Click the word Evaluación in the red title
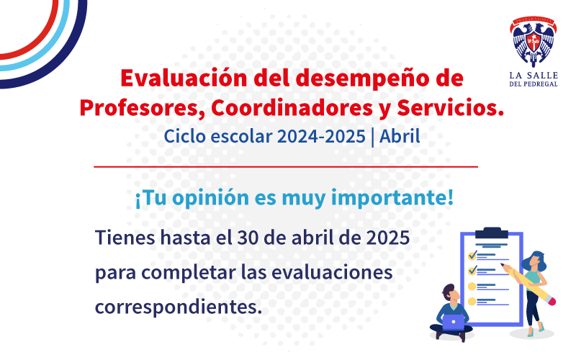tap(184, 78)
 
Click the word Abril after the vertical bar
tap(400, 136)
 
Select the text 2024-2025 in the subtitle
tap(321, 136)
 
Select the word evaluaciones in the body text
tap(332, 273)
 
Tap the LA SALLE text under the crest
tap(534, 76)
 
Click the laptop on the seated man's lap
tap(454, 322)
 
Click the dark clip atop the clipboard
tap(492, 233)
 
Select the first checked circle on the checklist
tap(472, 255)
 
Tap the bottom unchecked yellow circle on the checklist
tap(472, 302)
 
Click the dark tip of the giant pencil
tap(503, 264)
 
